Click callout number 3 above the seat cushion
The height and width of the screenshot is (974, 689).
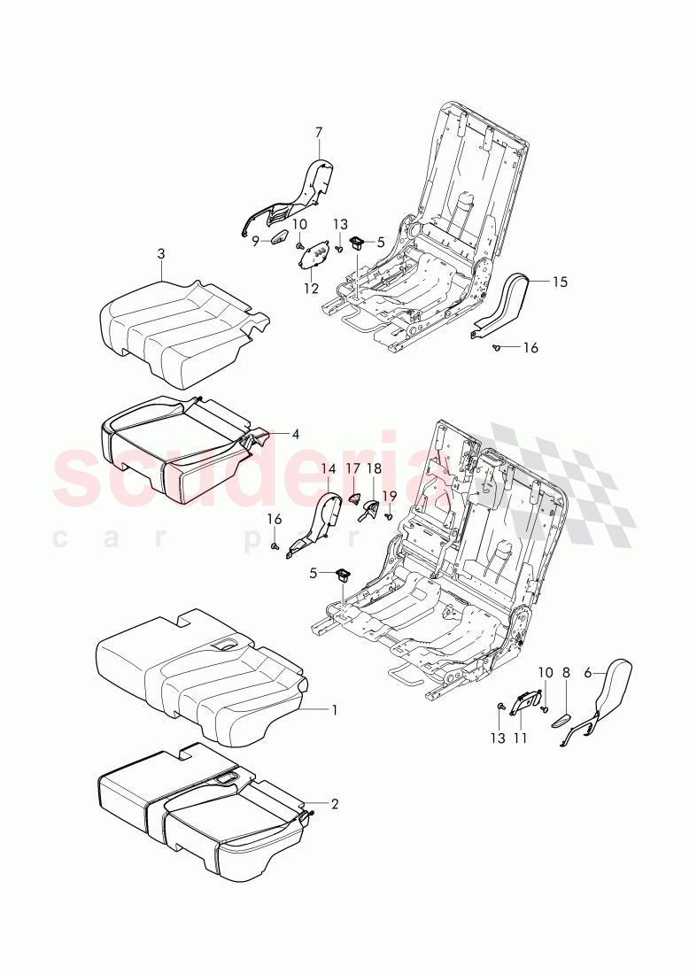(x=161, y=254)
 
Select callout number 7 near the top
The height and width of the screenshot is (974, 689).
(x=319, y=133)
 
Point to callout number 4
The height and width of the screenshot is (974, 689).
(x=295, y=434)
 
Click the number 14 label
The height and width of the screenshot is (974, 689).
(x=328, y=468)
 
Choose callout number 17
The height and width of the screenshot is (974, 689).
(x=352, y=468)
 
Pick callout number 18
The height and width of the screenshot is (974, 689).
(x=374, y=468)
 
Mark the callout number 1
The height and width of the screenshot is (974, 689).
(x=334, y=709)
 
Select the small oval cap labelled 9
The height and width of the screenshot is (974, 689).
(x=277, y=238)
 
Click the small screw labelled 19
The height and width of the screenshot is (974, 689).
(x=388, y=516)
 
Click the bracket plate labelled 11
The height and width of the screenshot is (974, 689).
(x=526, y=702)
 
